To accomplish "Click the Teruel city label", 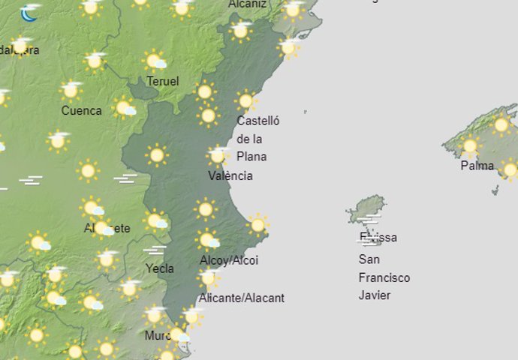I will tap(163, 81).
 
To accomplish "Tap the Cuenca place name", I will tap(81, 111).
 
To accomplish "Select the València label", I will tap(230, 176).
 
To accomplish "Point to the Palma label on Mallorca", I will tap(477, 166).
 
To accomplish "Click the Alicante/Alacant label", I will tap(242, 298).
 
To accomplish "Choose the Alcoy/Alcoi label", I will tap(229, 260).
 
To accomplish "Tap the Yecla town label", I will tap(160, 268).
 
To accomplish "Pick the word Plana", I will tap(251, 157).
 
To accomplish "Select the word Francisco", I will tap(384, 277).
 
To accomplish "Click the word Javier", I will tap(375, 295).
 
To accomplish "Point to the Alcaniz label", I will tap(247, 4).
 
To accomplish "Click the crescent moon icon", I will tap(30, 13).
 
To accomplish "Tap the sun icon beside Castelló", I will tap(245, 100).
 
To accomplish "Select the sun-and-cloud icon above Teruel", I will tap(155, 61).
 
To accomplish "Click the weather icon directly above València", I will tap(218, 155).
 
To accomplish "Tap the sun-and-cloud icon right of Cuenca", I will tap(125, 108).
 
